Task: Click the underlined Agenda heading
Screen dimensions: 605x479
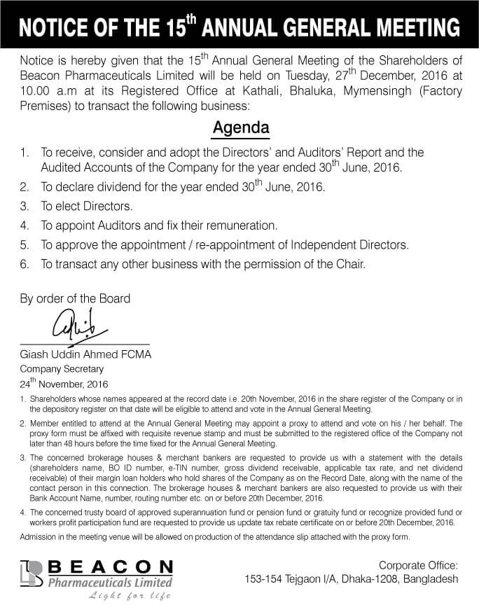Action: pos(241,130)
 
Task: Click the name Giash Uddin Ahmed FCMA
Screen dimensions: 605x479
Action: pos(85,354)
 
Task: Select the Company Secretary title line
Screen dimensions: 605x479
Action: pos(62,368)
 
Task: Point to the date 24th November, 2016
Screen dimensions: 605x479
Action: pos(64,383)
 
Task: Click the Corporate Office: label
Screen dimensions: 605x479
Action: pos(418,564)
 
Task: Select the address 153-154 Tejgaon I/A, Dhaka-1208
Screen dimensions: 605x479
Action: pos(351,579)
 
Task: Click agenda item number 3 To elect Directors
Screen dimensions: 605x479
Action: pos(85,207)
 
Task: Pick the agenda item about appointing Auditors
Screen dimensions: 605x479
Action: pos(158,225)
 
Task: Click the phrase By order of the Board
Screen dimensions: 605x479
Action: pos(75,298)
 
